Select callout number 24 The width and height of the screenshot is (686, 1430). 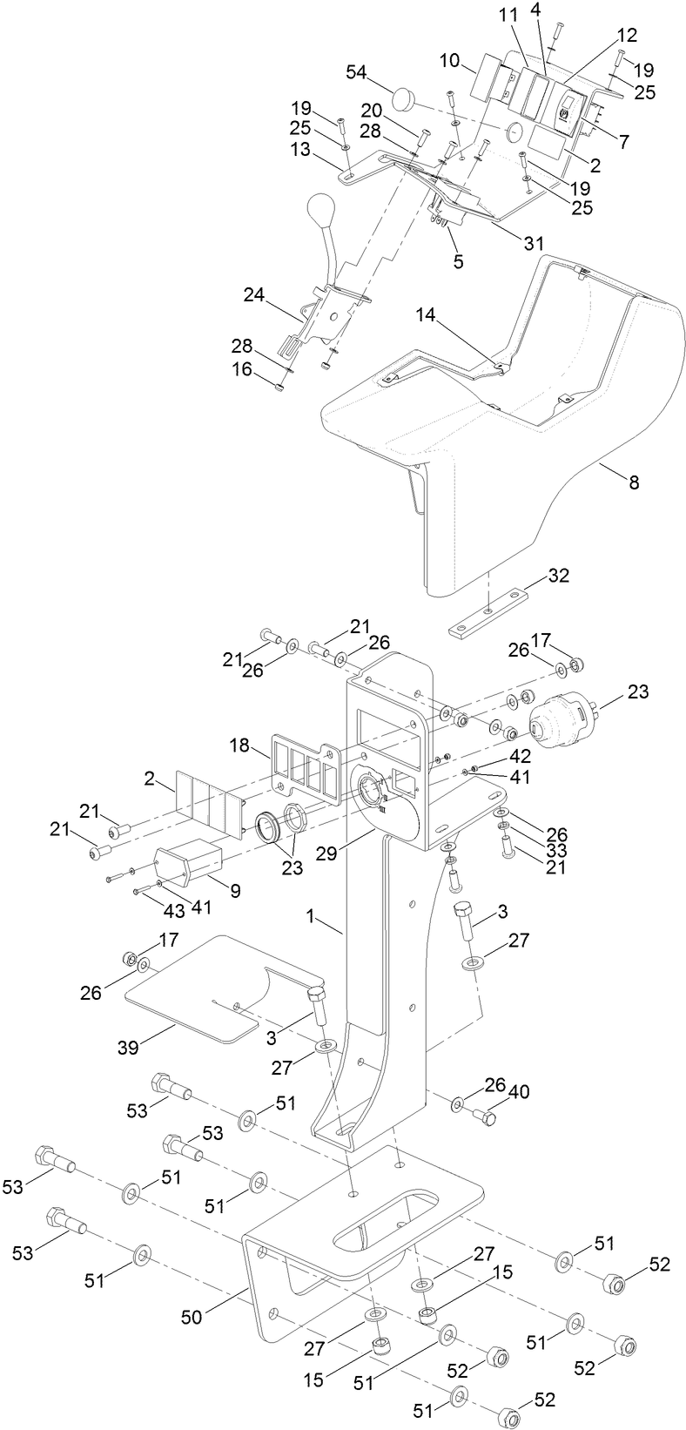pyautogui.click(x=253, y=295)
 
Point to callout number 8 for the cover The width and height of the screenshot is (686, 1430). pyautogui.click(x=634, y=481)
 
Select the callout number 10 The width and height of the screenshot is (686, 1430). pyautogui.click(x=449, y=61)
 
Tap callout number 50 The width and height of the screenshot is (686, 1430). pyautogui.click(x=192, y=1317)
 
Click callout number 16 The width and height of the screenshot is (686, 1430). pyautogui.click(x=241, y=369)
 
